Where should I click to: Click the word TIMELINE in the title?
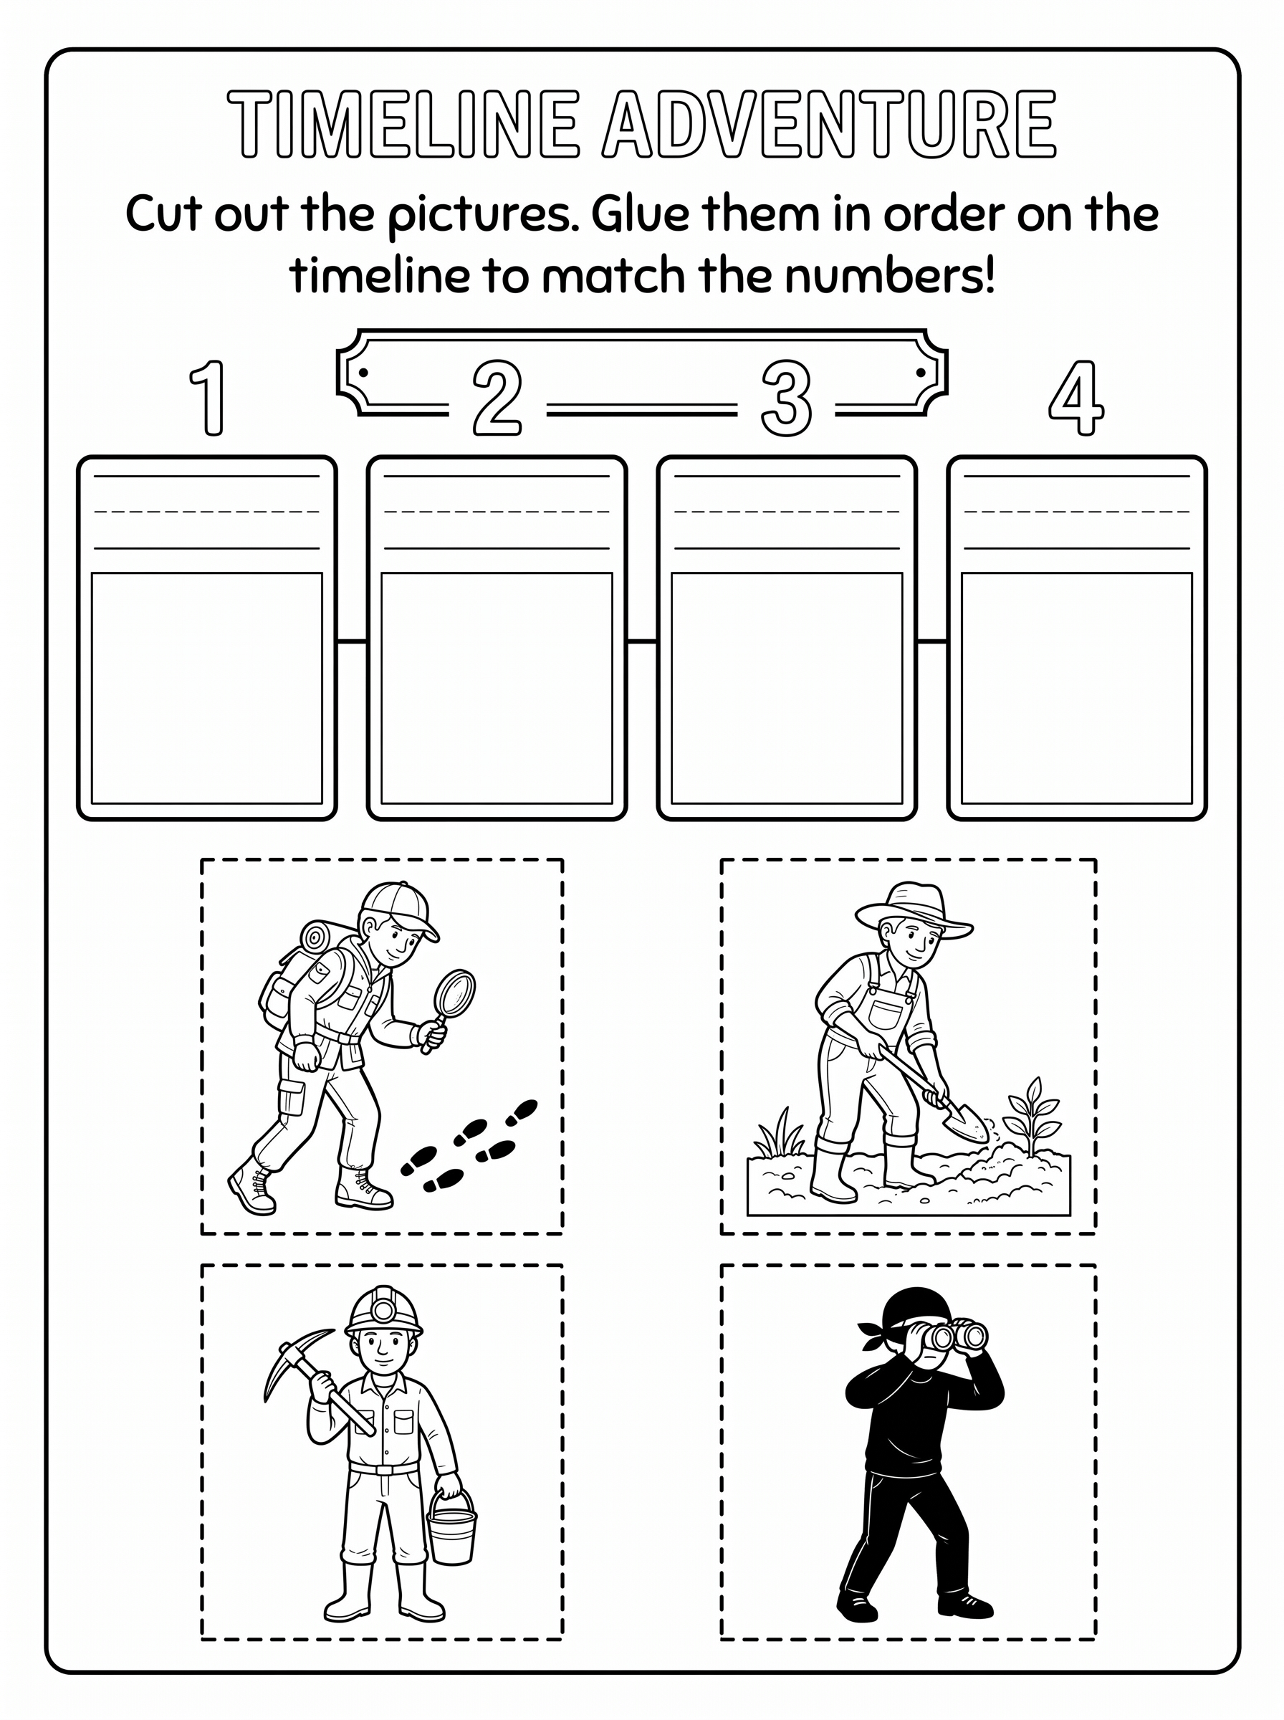tap(403, 123)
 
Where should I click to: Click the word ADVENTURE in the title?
tap(829, 123)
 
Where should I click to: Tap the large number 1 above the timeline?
tap(209, 397)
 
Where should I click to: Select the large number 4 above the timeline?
tap(1075, 397)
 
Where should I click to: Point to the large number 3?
tap(787, 397)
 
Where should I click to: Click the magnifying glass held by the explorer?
tap(451, 1005)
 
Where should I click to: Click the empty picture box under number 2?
tap(497, 688)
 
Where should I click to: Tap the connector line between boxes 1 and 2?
tap(352, 641)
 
